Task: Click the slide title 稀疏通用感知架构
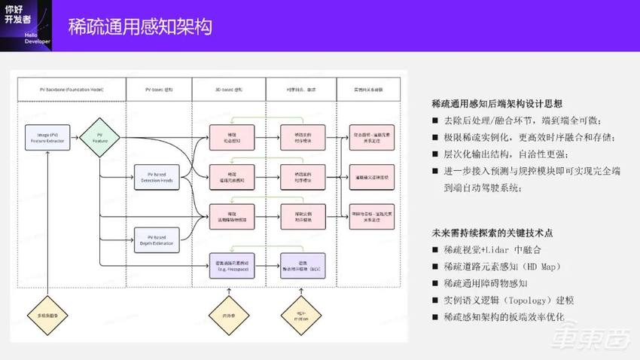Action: (139, 27)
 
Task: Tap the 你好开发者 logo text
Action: (18, 20)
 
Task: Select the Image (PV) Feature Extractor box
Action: (47, 136)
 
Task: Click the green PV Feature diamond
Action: (99, 136)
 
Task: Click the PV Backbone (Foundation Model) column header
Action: (71, 90)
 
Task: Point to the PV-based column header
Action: (159, 90)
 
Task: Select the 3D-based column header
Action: (225, 90)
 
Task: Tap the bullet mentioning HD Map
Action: (503, 267)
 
